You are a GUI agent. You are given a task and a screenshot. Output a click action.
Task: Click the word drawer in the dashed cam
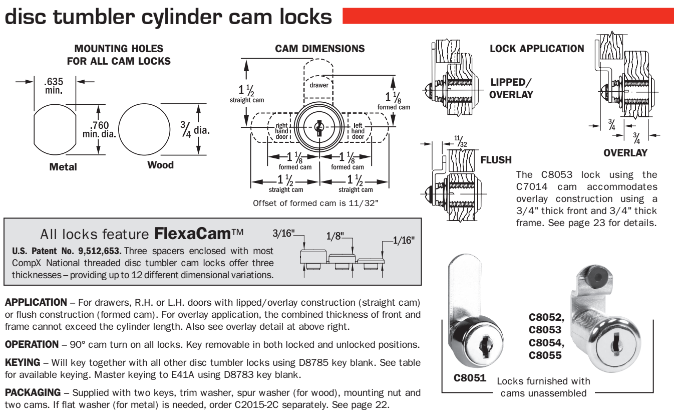pos(319,85)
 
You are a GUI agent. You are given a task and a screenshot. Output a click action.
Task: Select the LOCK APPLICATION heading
pos(537,49)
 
